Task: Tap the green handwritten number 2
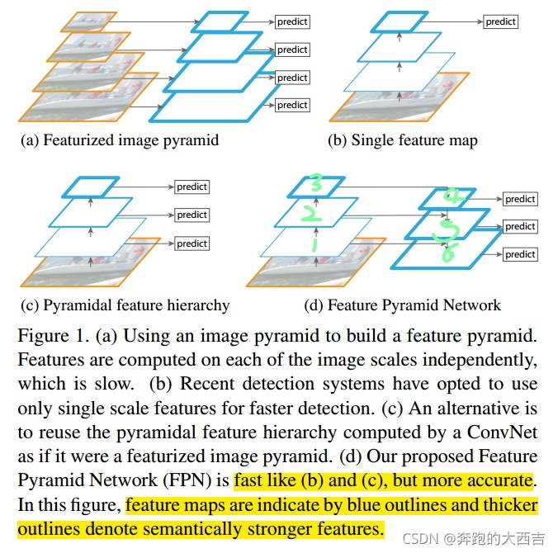click(310, 215)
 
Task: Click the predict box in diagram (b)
click(500, 21)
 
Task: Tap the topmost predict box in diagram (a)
click(292, 21)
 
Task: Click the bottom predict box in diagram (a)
click(292, 105)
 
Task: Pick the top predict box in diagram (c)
click(192, 187)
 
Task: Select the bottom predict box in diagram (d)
click(520, 254)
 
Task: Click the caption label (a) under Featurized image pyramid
click(30, 140)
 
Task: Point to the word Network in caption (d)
click(471, 305)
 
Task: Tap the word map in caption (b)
click(463, 140)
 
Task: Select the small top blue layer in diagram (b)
click(400, 21)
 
